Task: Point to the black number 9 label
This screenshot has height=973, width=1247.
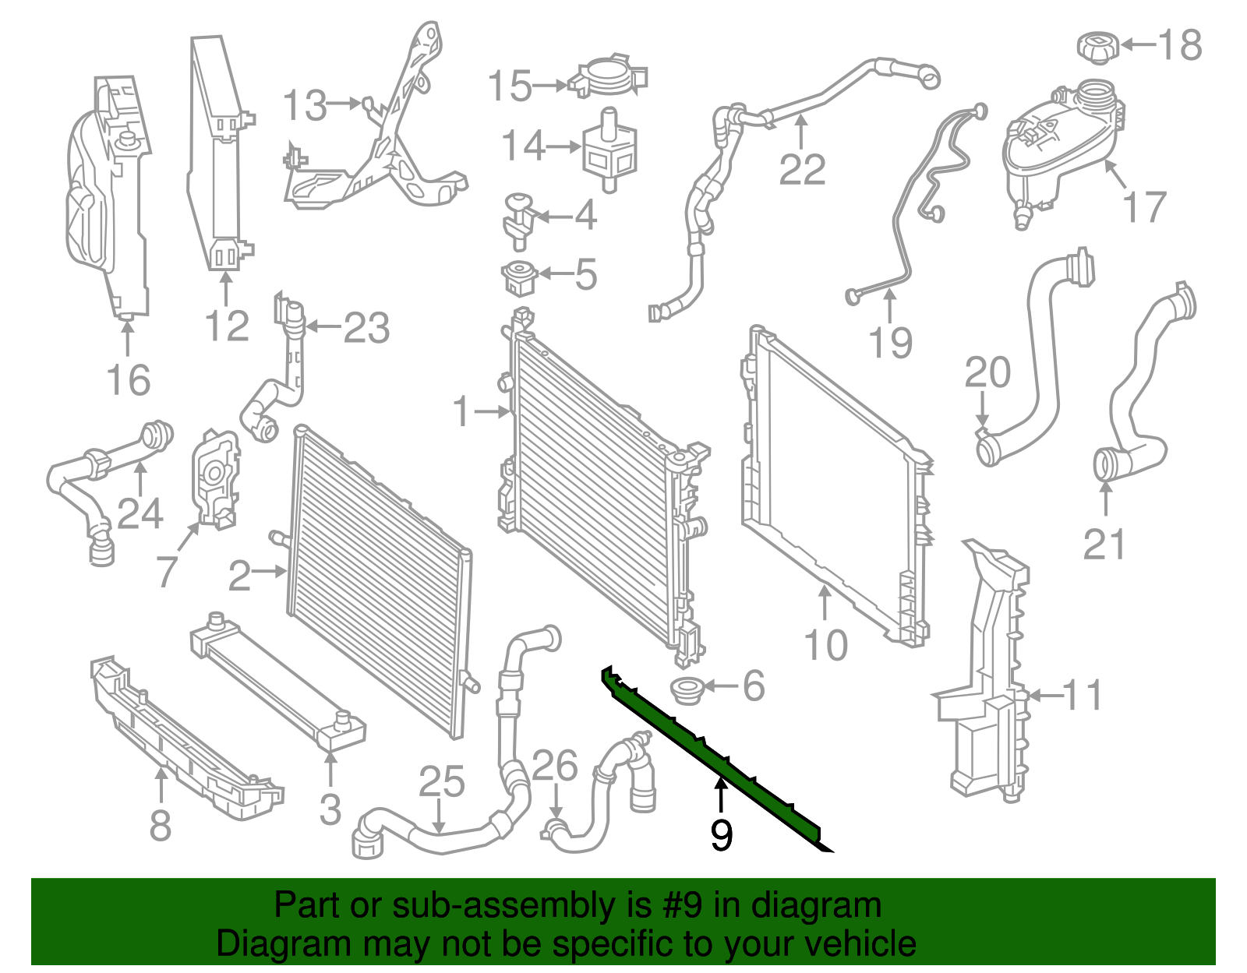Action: click(722, 835)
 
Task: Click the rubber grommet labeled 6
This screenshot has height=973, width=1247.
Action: click(687, 689)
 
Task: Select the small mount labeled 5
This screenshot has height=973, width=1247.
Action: click(518, 277)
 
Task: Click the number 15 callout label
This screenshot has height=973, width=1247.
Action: click(510, 86)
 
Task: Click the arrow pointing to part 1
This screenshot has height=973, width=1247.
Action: click(493, 411)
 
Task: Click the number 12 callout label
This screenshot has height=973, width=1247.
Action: click(227, 326)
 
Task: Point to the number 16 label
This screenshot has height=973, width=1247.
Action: click(128, 380)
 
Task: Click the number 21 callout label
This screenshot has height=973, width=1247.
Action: click(1104, 545)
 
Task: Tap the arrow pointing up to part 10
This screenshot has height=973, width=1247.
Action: click(825, 604)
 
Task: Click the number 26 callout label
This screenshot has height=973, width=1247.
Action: click(555, 766)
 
